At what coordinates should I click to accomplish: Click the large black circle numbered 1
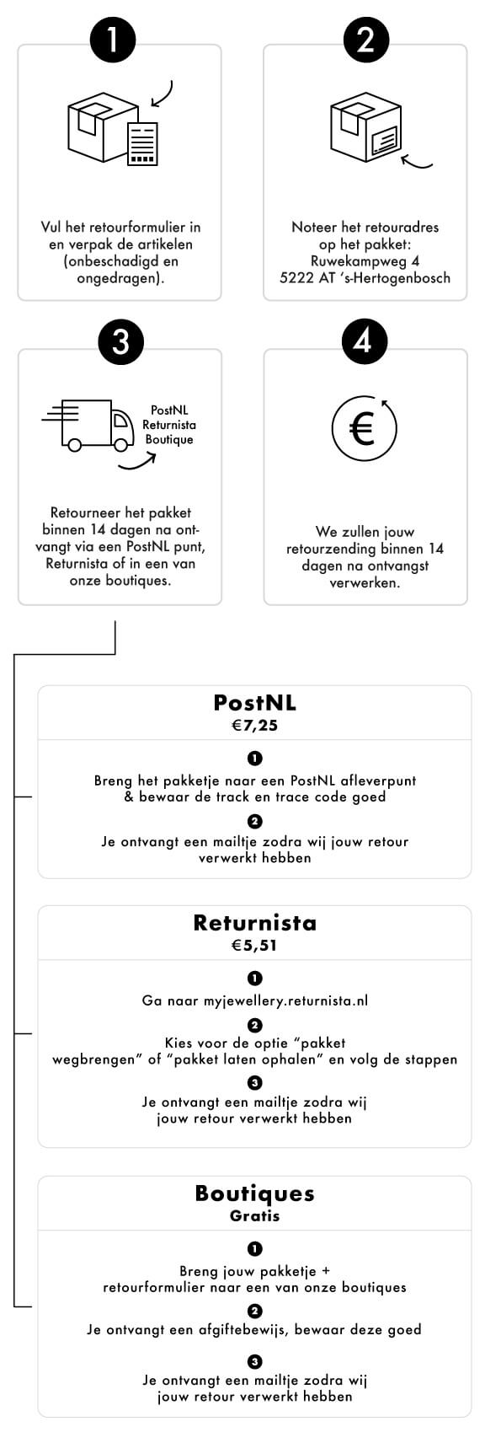[x=113, y=39]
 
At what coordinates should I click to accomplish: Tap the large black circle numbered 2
[x=366, y=39]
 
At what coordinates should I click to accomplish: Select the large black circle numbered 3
[x=120, y=341]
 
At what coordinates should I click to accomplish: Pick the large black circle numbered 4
[x=364, y=341]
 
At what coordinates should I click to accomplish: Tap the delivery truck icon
[x=88, y=425]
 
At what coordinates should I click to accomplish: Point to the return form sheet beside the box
[x=142, y=143]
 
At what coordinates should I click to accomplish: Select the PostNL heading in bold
[x=255, y=703]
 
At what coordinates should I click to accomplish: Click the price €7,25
[x=255, y=726]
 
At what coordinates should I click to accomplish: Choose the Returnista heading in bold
[x=255, y=922]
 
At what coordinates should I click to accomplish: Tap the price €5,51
[x=254, y=946]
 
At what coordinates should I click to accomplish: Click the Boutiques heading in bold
[x=255, y=1193]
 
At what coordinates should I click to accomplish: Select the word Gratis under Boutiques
[x=255, y=1215]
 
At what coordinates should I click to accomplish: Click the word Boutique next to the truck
[x=168, y=440]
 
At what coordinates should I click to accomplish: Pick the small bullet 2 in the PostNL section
[x=254, y=821]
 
